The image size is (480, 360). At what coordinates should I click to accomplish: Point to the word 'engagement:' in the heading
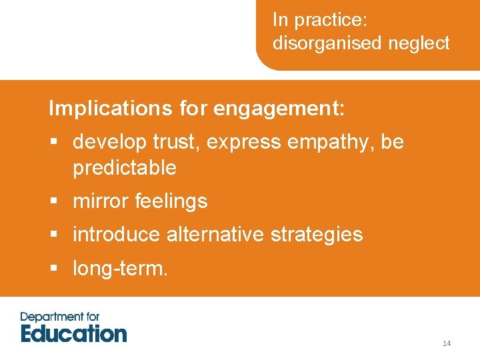279,108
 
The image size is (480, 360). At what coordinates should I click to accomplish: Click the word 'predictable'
125,167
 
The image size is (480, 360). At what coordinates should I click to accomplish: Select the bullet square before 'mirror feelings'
54,201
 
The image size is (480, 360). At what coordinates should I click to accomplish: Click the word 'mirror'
101,201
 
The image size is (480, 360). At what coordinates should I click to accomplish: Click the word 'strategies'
322,234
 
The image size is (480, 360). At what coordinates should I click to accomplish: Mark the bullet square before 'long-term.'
54,269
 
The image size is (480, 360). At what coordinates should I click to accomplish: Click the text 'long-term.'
120,268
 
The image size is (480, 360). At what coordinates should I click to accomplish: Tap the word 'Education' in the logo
73,333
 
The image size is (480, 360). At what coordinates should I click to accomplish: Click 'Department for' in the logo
59,316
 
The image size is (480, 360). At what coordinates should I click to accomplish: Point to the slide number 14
447,343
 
